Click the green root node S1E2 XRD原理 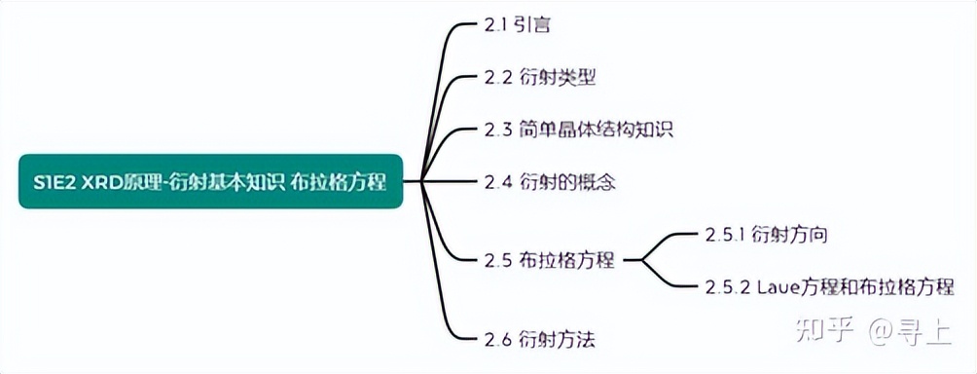coord(209,180)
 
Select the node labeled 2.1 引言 coord(518,24)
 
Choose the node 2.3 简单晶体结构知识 coord(578,130)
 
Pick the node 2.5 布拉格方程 coord(549,260)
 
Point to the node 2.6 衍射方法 coord(539,339)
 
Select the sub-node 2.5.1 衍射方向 coord(767,234)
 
